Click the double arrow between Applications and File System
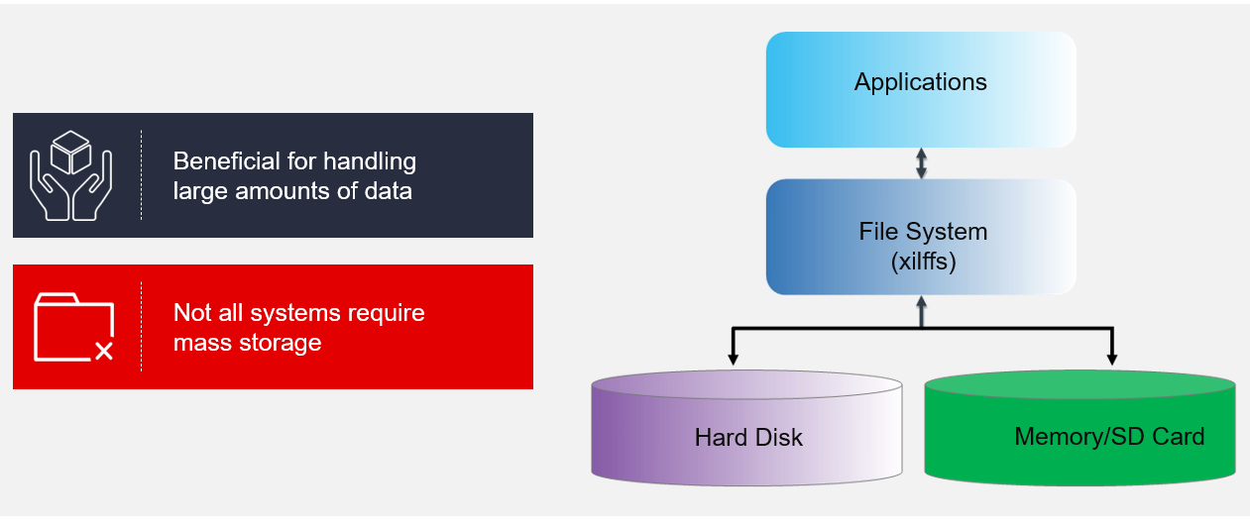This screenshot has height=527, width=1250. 921,163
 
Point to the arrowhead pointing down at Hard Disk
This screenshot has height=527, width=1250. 733,359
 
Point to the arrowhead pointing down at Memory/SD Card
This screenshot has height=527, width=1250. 1112,359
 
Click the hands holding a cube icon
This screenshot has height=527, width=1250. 71,175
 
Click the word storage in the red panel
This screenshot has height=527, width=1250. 282,343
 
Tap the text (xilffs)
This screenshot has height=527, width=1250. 923,263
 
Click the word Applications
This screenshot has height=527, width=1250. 921,82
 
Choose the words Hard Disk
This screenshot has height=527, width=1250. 748,437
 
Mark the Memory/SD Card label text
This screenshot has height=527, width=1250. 1109,436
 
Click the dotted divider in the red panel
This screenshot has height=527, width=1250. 141,327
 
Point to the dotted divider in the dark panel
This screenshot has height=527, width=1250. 141,175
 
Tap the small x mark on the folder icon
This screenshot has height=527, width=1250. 103,350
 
